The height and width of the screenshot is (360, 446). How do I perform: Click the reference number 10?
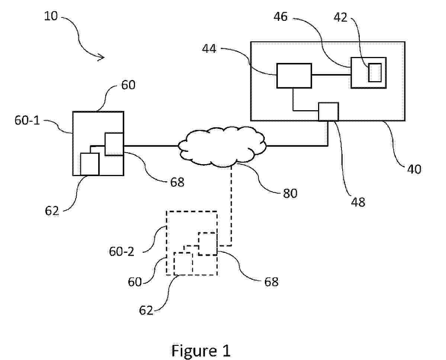pyautogui.click(x=51, y=16)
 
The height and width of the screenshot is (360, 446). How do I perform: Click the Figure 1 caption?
pyautogui.click(x=201, y=351)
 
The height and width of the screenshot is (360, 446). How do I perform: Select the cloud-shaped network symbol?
pyautogui.click(x=222, y=146)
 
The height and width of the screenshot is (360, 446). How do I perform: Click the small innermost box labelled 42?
pyautogui.click(x=375, y=73)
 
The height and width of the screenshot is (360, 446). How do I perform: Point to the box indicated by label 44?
pyautogui.click(x=294, y=76)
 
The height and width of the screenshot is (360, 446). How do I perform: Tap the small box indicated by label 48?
pyautogui.click(x=328, y=112)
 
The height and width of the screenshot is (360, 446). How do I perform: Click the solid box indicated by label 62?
pyautogui.click(x=90, y=164)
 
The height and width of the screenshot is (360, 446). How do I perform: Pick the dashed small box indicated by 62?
pyautogui.click(x=183, y=263)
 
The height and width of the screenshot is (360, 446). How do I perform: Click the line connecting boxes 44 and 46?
pyautogui.click(x=331, y=75)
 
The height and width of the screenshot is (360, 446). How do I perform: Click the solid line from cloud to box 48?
pyautogui.click(x=298, y=146)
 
